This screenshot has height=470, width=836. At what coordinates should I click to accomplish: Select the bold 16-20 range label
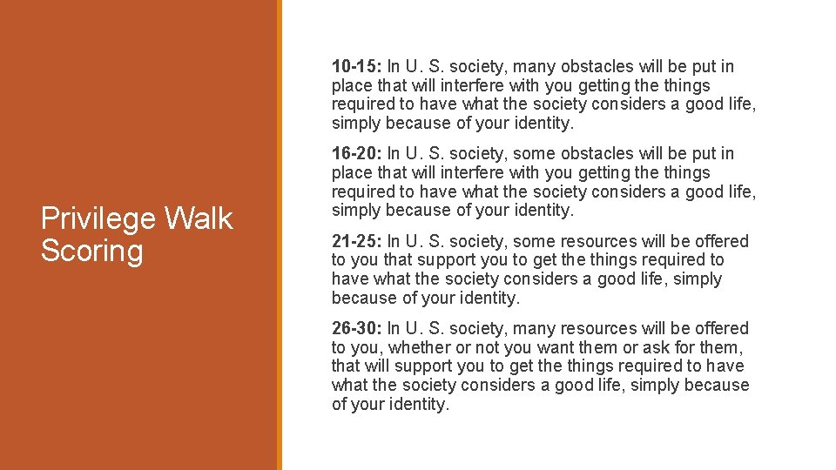(356, 154)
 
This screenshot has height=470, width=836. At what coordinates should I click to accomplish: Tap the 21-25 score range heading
(356, 241)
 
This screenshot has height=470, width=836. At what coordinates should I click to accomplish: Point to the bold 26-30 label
(356, 328)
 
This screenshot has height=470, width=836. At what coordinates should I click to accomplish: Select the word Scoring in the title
(91, 251)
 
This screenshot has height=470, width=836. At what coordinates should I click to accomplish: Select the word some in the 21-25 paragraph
(533, 241)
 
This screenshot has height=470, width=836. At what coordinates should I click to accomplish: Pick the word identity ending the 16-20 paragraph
(543, 211)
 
